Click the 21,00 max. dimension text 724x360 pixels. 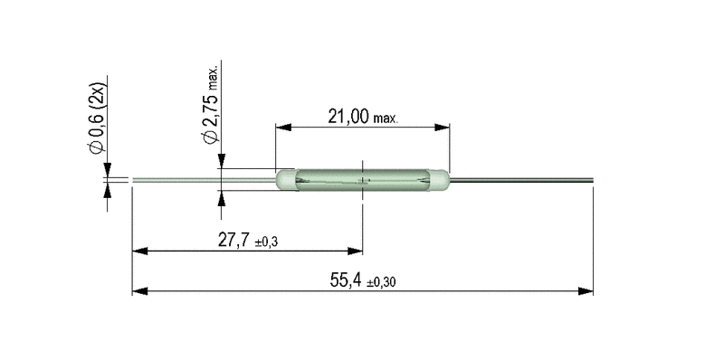click(x=363, y=117)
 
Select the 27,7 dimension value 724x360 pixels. click(x=233, y=240)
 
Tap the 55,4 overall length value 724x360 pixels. click(x=346, y=280)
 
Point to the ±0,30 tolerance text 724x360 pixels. click(x=381, y=282)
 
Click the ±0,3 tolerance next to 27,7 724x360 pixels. click(x=266, y=242)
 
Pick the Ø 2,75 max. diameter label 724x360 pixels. click(x=211, y=105)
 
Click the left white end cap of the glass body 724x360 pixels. click(x=286, y=180)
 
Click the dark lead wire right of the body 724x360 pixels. click(x=521, y=180)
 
